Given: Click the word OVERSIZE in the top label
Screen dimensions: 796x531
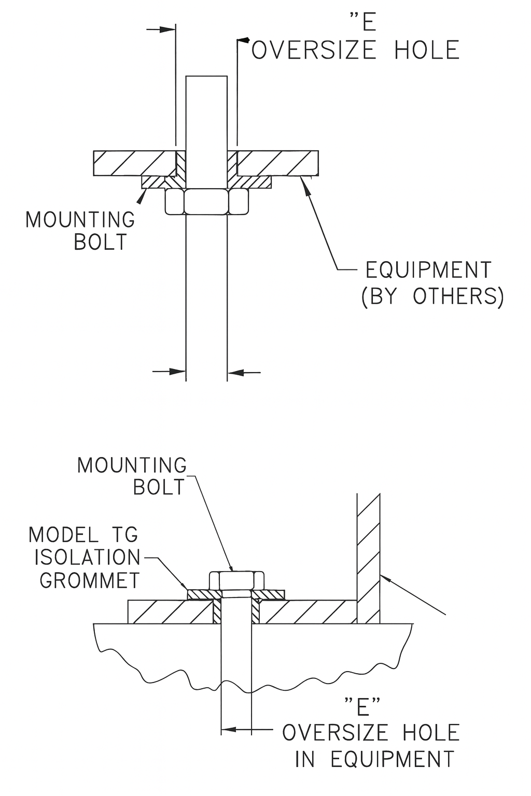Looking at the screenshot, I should (314, 51).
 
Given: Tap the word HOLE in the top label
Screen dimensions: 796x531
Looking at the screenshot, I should (427, 51).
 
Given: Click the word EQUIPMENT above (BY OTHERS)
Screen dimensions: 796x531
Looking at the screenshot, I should (428, 271).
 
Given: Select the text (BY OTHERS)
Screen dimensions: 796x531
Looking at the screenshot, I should (432, 296).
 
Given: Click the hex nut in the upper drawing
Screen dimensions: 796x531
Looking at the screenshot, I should (206, 201).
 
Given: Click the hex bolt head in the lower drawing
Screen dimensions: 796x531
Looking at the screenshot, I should (237, 580).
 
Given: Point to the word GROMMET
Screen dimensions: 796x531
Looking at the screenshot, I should (90, 580).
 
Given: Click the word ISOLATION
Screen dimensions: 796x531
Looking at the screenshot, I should (88, 558).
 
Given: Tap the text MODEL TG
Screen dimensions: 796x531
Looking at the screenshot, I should (83, 534).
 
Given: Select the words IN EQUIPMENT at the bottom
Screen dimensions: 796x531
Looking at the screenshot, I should (374, 759).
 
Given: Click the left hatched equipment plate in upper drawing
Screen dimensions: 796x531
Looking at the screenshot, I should (134, 163).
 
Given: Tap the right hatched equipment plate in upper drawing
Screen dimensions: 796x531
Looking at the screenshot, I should (277, 163).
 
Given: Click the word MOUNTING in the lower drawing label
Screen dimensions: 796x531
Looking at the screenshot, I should (132, 465).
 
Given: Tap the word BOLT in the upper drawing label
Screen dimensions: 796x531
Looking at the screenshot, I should (100, 243).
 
